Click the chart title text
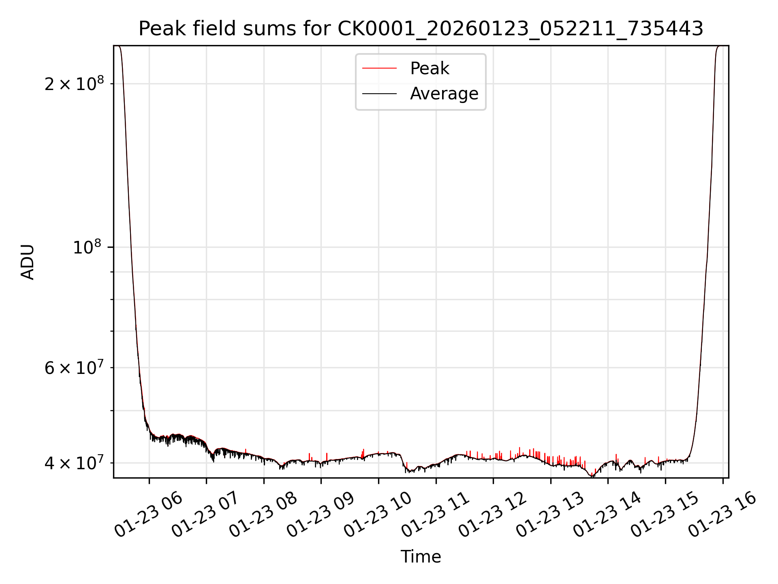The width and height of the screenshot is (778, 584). click(421, 29)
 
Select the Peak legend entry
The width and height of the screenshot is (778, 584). click(429, 68)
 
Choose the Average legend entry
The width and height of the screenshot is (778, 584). click(444, 94)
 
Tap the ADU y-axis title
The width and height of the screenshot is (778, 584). click(28, 262)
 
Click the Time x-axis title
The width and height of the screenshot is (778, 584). click(421, 557)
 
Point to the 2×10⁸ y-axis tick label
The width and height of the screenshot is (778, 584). click(74, 84)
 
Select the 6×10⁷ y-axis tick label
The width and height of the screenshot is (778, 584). click(74, 368)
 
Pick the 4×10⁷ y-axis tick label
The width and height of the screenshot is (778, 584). click(74, 463)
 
